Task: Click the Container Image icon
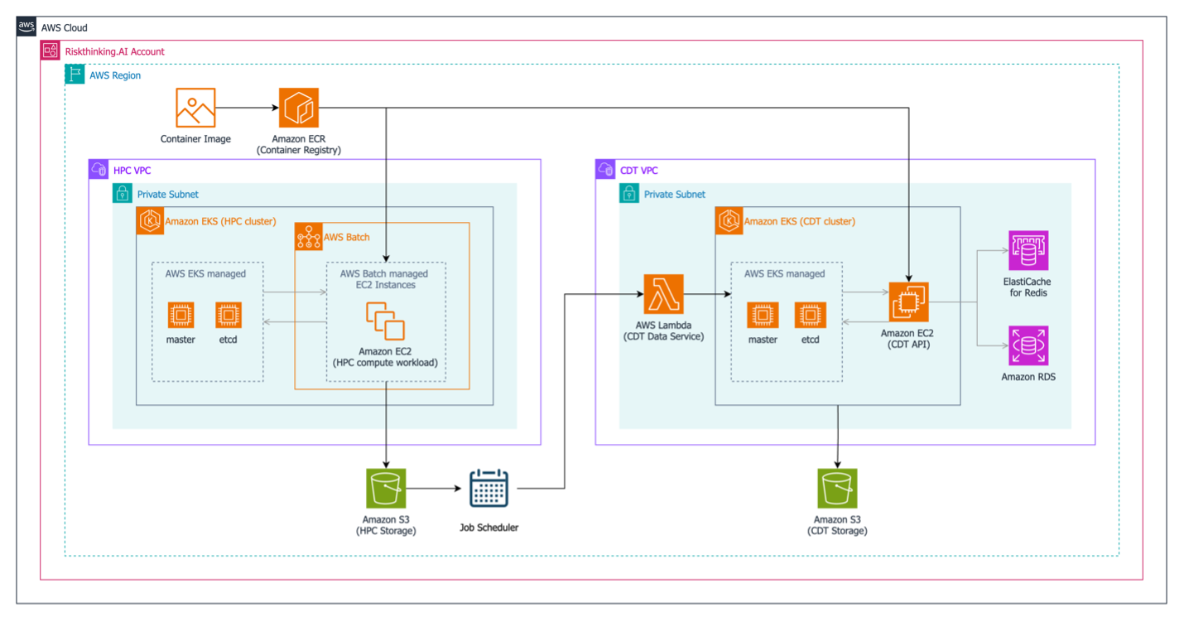[x=195, y=108]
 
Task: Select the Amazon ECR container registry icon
[x=298, y=108]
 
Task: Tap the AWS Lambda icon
[x=663, y=295]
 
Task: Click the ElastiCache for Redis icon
[x=1028, y=250]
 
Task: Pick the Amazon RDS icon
[x=1028, y=345]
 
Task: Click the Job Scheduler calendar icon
[x=489, y=489]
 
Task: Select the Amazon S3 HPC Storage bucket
[x=386, y=489]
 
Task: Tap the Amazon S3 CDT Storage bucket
[x=838, y=489]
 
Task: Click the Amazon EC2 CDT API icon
[x=908, y=302]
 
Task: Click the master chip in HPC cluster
[x=180, y=315]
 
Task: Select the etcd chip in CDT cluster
[x=810, y=315]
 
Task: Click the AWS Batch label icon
[x=308, y=237]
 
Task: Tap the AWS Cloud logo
[x=27, y=27]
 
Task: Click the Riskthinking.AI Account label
[x=114, y=51]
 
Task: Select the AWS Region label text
[x=115, y=75]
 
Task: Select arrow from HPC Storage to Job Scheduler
[x=435, y=489]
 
